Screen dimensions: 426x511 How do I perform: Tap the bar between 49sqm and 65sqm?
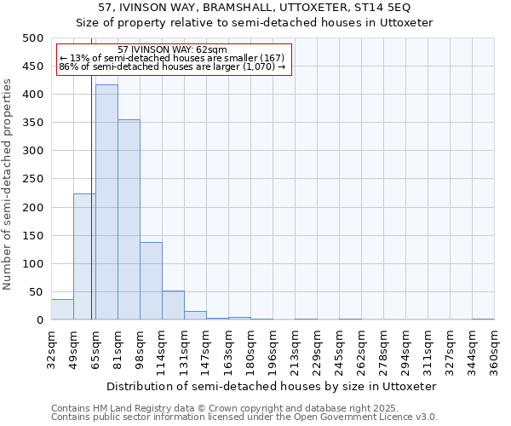(84, 256)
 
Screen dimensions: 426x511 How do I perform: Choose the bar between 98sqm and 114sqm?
(151, 281)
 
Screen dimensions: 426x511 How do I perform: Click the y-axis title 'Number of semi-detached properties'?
(9, 184)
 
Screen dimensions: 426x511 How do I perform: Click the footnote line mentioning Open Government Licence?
(244, 417)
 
